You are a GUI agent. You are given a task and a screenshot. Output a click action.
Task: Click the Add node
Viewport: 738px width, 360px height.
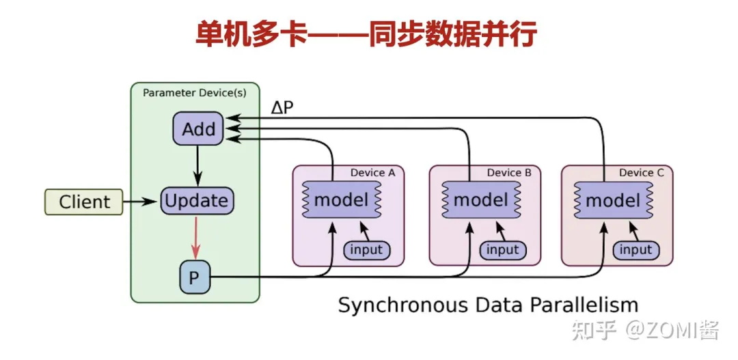(198, 128)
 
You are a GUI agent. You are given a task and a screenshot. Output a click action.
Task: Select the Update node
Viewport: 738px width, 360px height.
(197, 201)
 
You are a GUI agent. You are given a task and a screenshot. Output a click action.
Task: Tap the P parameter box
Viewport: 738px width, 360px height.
(194, 277)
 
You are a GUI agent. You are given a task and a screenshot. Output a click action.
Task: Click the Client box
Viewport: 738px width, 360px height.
(84, 202)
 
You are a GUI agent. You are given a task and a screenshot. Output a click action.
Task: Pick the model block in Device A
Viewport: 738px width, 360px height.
(341, 200)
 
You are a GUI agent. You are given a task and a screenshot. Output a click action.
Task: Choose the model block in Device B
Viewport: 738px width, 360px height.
(480, 200)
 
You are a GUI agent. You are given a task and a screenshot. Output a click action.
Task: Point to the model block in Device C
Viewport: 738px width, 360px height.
(612, 200)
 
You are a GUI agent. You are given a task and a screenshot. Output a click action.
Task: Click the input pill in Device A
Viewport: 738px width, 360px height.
(366, 250)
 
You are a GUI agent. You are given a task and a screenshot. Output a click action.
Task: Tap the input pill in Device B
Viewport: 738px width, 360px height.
(503, 250)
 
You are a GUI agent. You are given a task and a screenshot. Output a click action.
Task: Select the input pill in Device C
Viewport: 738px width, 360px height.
(635, 250)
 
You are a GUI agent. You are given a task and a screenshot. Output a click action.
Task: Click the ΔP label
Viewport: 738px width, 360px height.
(282, 109)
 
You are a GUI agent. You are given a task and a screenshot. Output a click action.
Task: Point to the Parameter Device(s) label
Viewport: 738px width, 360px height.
(195, 92)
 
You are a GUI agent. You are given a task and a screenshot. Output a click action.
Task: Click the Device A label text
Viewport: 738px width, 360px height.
(372, 173)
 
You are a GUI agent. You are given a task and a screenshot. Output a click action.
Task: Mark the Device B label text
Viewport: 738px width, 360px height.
(509, 173)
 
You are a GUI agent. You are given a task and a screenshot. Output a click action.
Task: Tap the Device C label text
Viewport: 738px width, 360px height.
(641, 173)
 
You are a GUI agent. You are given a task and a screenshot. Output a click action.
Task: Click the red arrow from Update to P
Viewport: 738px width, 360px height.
(195, 236)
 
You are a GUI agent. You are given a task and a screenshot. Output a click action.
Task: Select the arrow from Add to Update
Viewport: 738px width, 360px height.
(197, 165)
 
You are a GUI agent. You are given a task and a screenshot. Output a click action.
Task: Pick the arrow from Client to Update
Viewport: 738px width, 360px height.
(141, 202)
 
